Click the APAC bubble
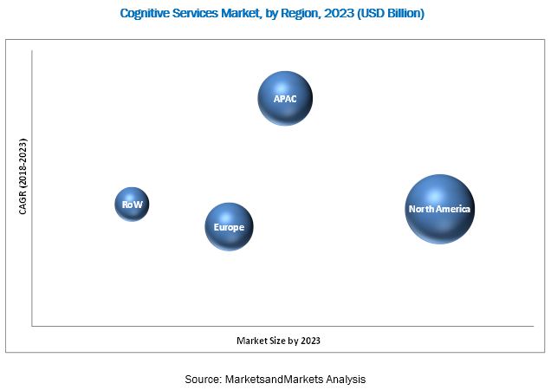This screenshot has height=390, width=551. (x=285, y=99)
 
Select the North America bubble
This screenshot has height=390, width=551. (x=440, y=209)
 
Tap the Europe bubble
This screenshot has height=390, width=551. (x=229, y=227)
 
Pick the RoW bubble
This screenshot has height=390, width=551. (x=132, y=205)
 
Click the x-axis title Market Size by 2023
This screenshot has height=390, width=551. (x=283, y=341)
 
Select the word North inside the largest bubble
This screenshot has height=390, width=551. (x=422, y=209)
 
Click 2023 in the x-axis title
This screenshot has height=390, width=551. (x=320, y=341)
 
